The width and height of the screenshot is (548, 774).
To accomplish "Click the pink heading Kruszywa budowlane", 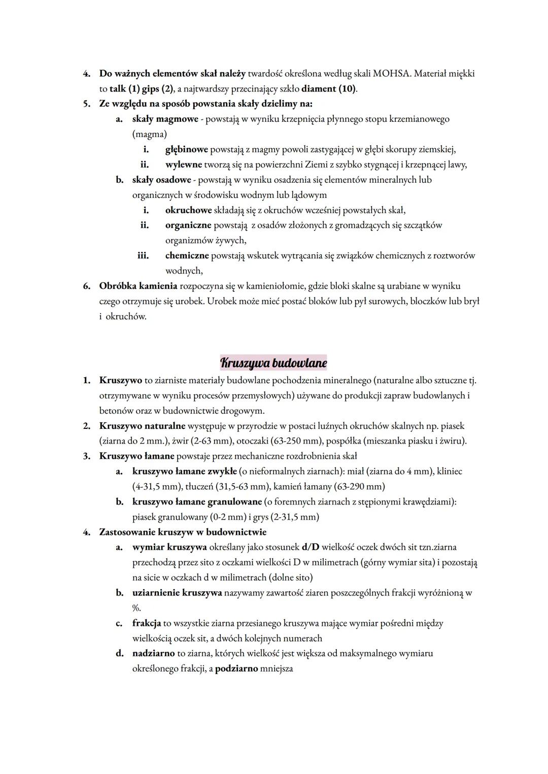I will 273,363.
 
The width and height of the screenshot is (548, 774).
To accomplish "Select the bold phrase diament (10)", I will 329,89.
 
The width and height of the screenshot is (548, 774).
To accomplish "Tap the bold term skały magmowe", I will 165,119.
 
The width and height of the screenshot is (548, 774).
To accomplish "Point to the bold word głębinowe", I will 186,149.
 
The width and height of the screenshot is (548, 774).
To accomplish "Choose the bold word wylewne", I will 183,164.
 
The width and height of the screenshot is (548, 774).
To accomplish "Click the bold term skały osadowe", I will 161,180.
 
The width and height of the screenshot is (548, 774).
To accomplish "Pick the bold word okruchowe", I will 188,210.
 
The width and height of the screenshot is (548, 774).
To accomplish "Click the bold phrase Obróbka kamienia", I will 138,286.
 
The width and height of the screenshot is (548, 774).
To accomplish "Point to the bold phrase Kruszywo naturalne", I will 142,426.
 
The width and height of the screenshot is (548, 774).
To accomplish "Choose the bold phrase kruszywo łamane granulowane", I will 197,501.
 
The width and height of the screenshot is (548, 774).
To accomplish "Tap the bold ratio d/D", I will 310,547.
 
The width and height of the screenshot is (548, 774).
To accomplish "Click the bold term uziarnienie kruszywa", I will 177,593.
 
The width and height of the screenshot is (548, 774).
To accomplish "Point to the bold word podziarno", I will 236,668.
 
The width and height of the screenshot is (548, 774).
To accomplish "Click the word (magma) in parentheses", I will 149,134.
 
